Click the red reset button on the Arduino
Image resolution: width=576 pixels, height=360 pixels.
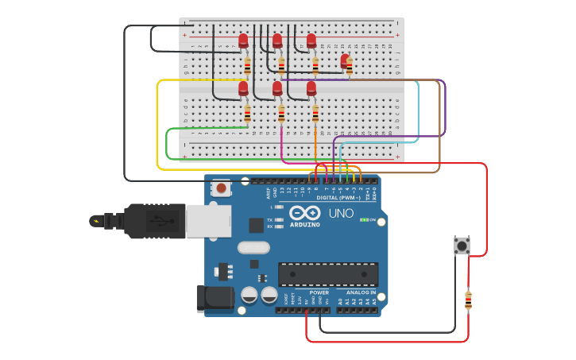coord(221,188)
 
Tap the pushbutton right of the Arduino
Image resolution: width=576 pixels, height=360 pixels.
coord(462,246)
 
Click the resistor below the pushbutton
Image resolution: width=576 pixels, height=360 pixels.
coord(468,300)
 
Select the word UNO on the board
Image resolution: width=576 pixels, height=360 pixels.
coord(341,214)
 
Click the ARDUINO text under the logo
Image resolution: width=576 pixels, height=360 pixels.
coord(305,225)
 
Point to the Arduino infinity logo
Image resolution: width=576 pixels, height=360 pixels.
coord(305,213)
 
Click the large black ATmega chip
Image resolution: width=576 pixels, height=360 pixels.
coord(327,274)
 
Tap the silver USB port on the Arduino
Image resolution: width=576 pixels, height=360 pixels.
coord(208,220)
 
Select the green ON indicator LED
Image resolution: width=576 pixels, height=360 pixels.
coord(363,220)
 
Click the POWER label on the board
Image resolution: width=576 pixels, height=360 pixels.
coord(319,292)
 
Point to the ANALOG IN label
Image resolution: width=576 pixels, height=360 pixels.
coord(361,292)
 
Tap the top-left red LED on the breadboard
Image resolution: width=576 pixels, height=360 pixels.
coord(243,41)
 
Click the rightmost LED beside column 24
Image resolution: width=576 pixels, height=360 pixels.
coord(345,60)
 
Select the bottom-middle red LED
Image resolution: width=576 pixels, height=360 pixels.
coord(277,88)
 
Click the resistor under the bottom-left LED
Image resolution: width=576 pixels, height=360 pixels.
coord(247,114)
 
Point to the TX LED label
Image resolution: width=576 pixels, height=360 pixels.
coord(270,219)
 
